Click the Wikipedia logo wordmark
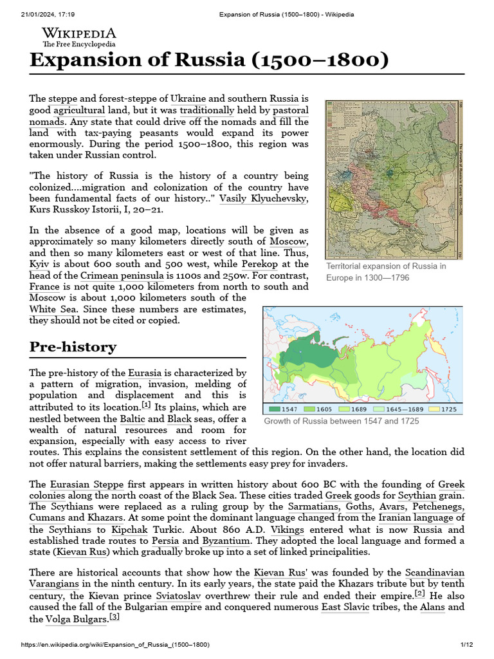(79, 33)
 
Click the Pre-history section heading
(73, 348)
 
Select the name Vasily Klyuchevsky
(262, 199)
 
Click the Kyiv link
(40, 264)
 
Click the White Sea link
(51, 310)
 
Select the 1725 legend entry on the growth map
(444, 409)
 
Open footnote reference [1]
(146, 405)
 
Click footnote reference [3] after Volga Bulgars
(114, 617)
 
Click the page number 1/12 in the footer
(466, 645)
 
